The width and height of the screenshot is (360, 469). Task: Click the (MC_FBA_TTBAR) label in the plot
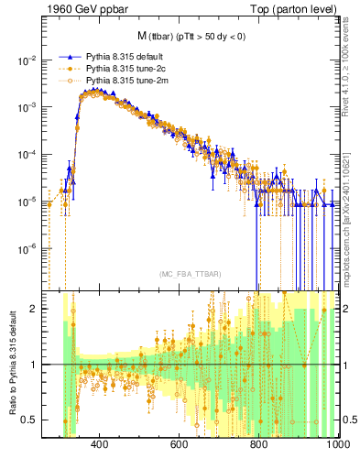tap(191, 275)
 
